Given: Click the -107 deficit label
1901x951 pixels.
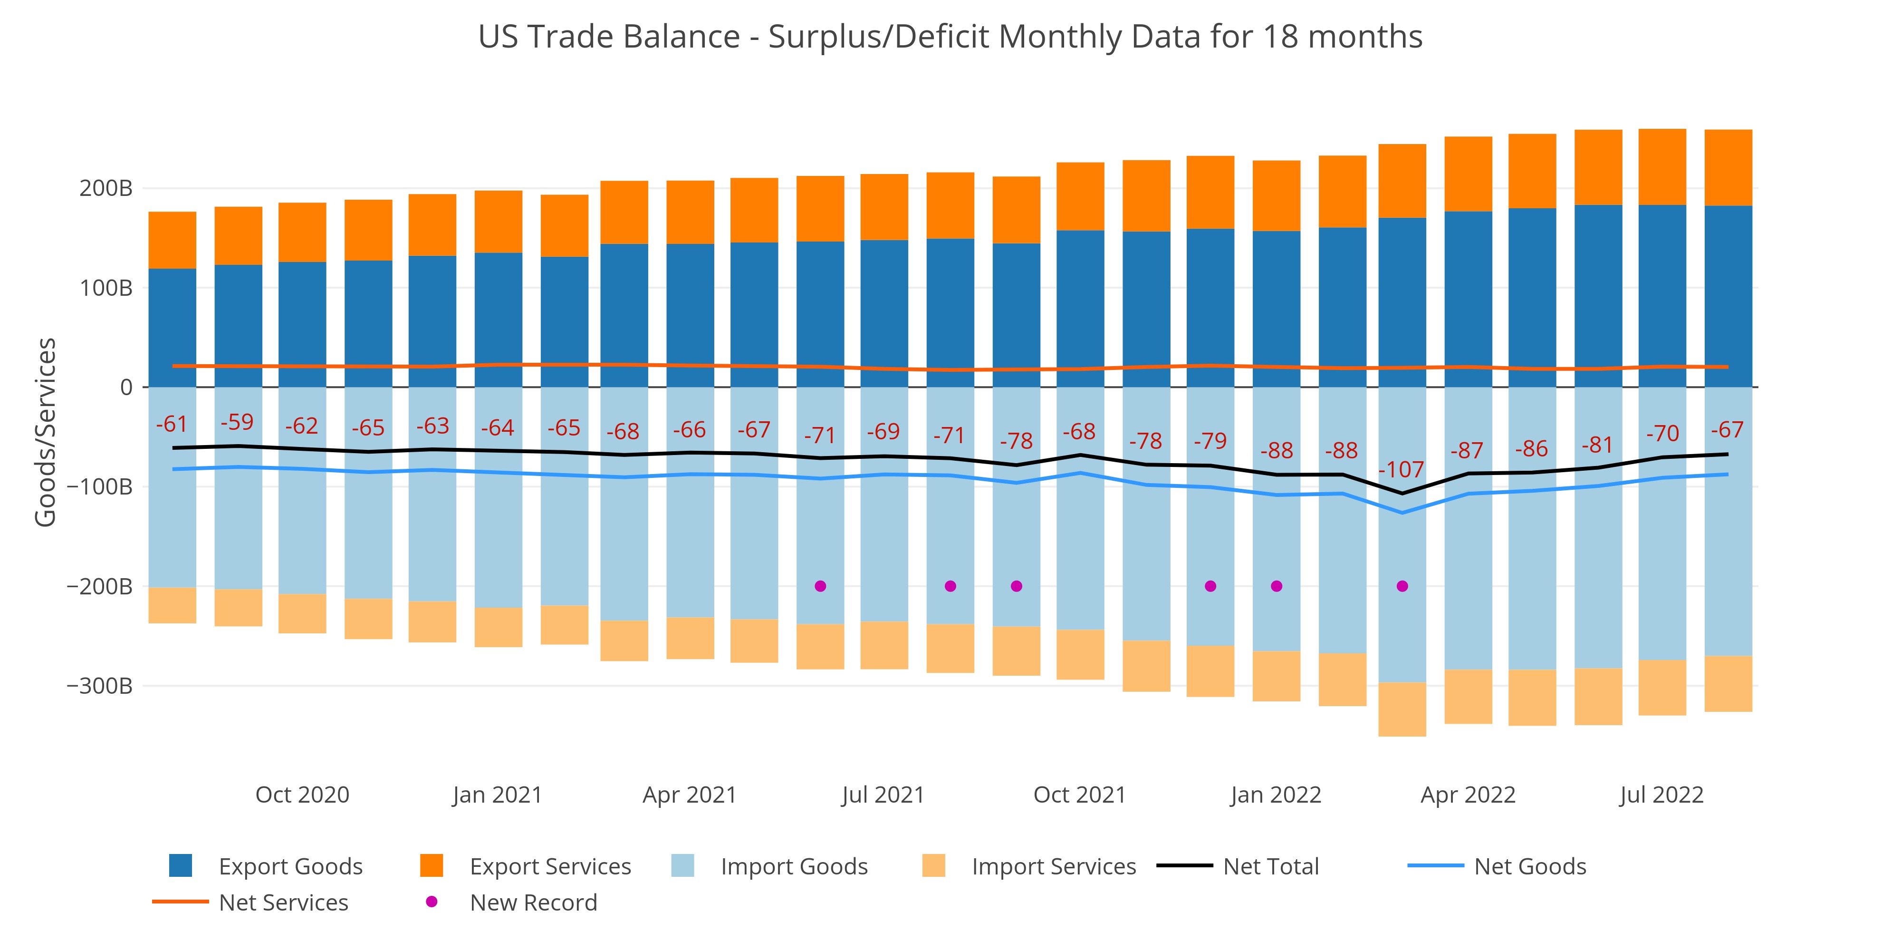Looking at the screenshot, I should point(1402,470).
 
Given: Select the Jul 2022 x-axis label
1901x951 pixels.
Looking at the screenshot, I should point(1661,795).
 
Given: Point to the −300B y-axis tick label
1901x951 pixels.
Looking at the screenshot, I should point(100,686).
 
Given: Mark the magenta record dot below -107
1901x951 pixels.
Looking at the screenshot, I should point(1402,586).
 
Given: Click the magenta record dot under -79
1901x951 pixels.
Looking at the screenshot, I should point(1210,586).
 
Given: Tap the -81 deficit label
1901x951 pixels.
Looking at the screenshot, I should point(1597,445).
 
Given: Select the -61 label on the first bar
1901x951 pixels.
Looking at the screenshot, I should point(172,425).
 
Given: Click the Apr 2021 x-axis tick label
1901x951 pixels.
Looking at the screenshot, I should point(689,795).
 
